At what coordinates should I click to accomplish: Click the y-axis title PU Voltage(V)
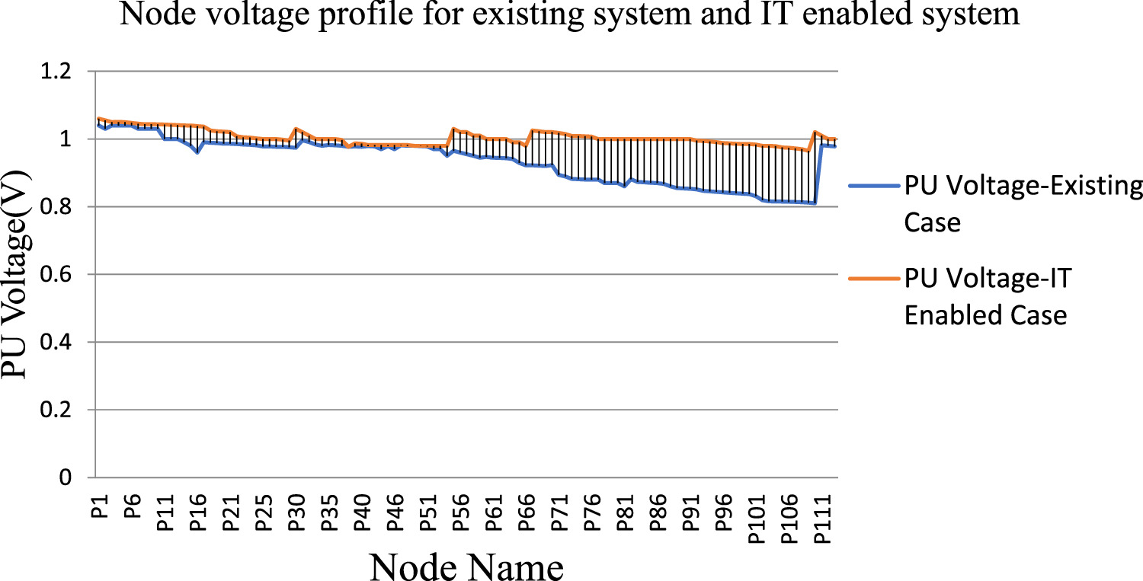[x=20, y=275]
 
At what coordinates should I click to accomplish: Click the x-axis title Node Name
[x=467, y=567]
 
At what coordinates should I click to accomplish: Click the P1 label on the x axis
[x=100, y=506]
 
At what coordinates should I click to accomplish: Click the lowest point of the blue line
[x=815, y=203]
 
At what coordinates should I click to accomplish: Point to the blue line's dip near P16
[x=197, y=152]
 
